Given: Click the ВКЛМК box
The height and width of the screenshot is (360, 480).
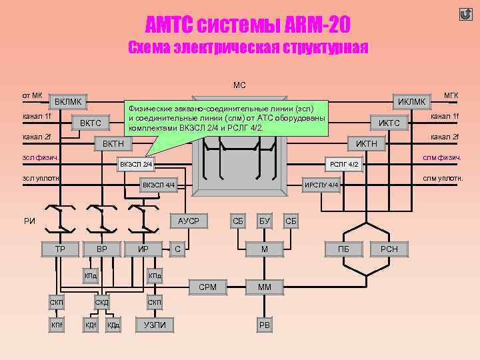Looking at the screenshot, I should click(69, 101).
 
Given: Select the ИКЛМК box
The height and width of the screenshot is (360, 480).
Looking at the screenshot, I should click(411, 101).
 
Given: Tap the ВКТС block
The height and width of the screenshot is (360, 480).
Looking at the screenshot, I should click(90, 123).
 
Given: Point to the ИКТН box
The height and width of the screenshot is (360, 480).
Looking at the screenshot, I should click(366, 143).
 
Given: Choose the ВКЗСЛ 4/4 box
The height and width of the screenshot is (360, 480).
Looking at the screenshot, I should click(159, 184).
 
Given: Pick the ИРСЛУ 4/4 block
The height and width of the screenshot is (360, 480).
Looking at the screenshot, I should click(321, 185).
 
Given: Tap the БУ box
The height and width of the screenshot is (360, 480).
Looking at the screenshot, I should click(265, 221).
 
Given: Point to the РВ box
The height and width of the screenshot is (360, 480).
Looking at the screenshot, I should click(265, 325).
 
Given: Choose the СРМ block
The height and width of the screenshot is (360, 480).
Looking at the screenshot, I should click(207, 287).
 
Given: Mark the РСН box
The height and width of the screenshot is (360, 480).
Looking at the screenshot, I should click(389, 249).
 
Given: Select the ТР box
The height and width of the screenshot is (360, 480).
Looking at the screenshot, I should click(59, 249).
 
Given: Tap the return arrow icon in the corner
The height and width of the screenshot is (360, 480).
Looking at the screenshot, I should click(465, 14).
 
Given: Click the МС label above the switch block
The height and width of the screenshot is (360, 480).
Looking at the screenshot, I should click(239, 85).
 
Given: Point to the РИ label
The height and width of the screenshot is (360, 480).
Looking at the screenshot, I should click(29, 221).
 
